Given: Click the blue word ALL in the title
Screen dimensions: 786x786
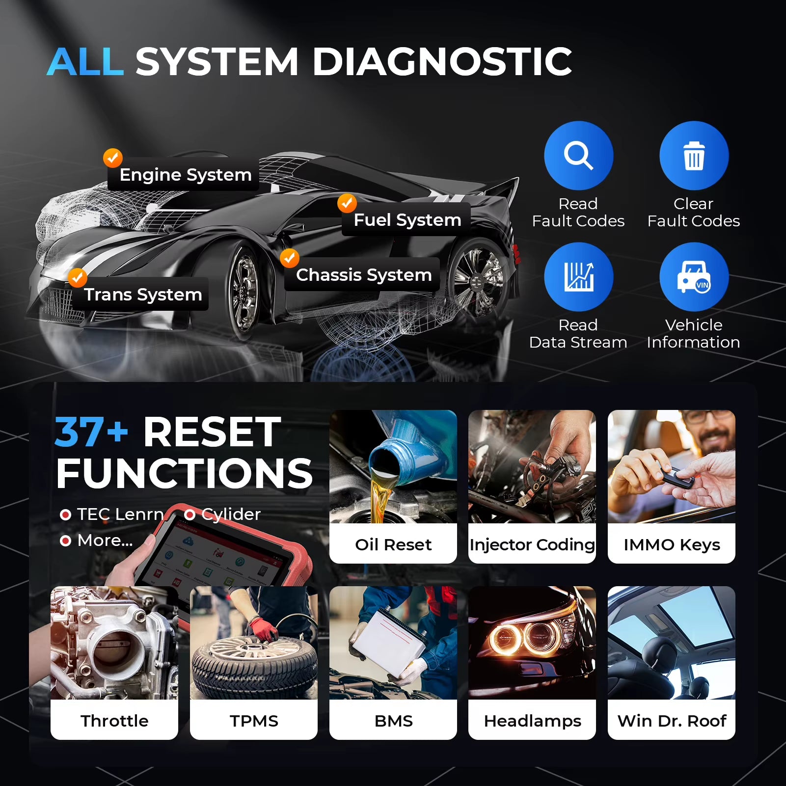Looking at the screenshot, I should pos(85,62).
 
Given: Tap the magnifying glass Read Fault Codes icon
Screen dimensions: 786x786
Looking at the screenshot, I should pos(578,156).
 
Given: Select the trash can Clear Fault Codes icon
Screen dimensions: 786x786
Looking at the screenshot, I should pos(693,156).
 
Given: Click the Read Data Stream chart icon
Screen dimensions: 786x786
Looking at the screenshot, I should pos(578,277).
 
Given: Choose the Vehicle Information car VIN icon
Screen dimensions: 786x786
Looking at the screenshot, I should pos(693,277).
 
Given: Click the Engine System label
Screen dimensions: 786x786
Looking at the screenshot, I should pos(185,175).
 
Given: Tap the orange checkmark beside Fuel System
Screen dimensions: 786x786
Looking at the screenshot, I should pos(347,202).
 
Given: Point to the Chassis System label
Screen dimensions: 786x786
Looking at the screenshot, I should pos(363,275).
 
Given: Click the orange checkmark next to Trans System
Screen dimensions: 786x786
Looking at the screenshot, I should pos(77,277).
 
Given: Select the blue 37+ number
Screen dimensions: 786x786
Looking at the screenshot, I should pos(91,432).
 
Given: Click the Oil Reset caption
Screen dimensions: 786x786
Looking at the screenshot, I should pos(393,544).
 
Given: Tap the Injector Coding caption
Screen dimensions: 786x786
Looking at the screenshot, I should pos(532,544).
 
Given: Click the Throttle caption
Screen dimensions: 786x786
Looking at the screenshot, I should pos(114,721).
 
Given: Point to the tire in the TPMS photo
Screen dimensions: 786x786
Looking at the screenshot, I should pos(254,663).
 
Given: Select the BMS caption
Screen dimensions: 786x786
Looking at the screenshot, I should pos(393,721).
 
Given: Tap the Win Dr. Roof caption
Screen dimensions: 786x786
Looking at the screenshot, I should pos(671,721).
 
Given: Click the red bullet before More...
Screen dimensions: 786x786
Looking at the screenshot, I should pos(65,541).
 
